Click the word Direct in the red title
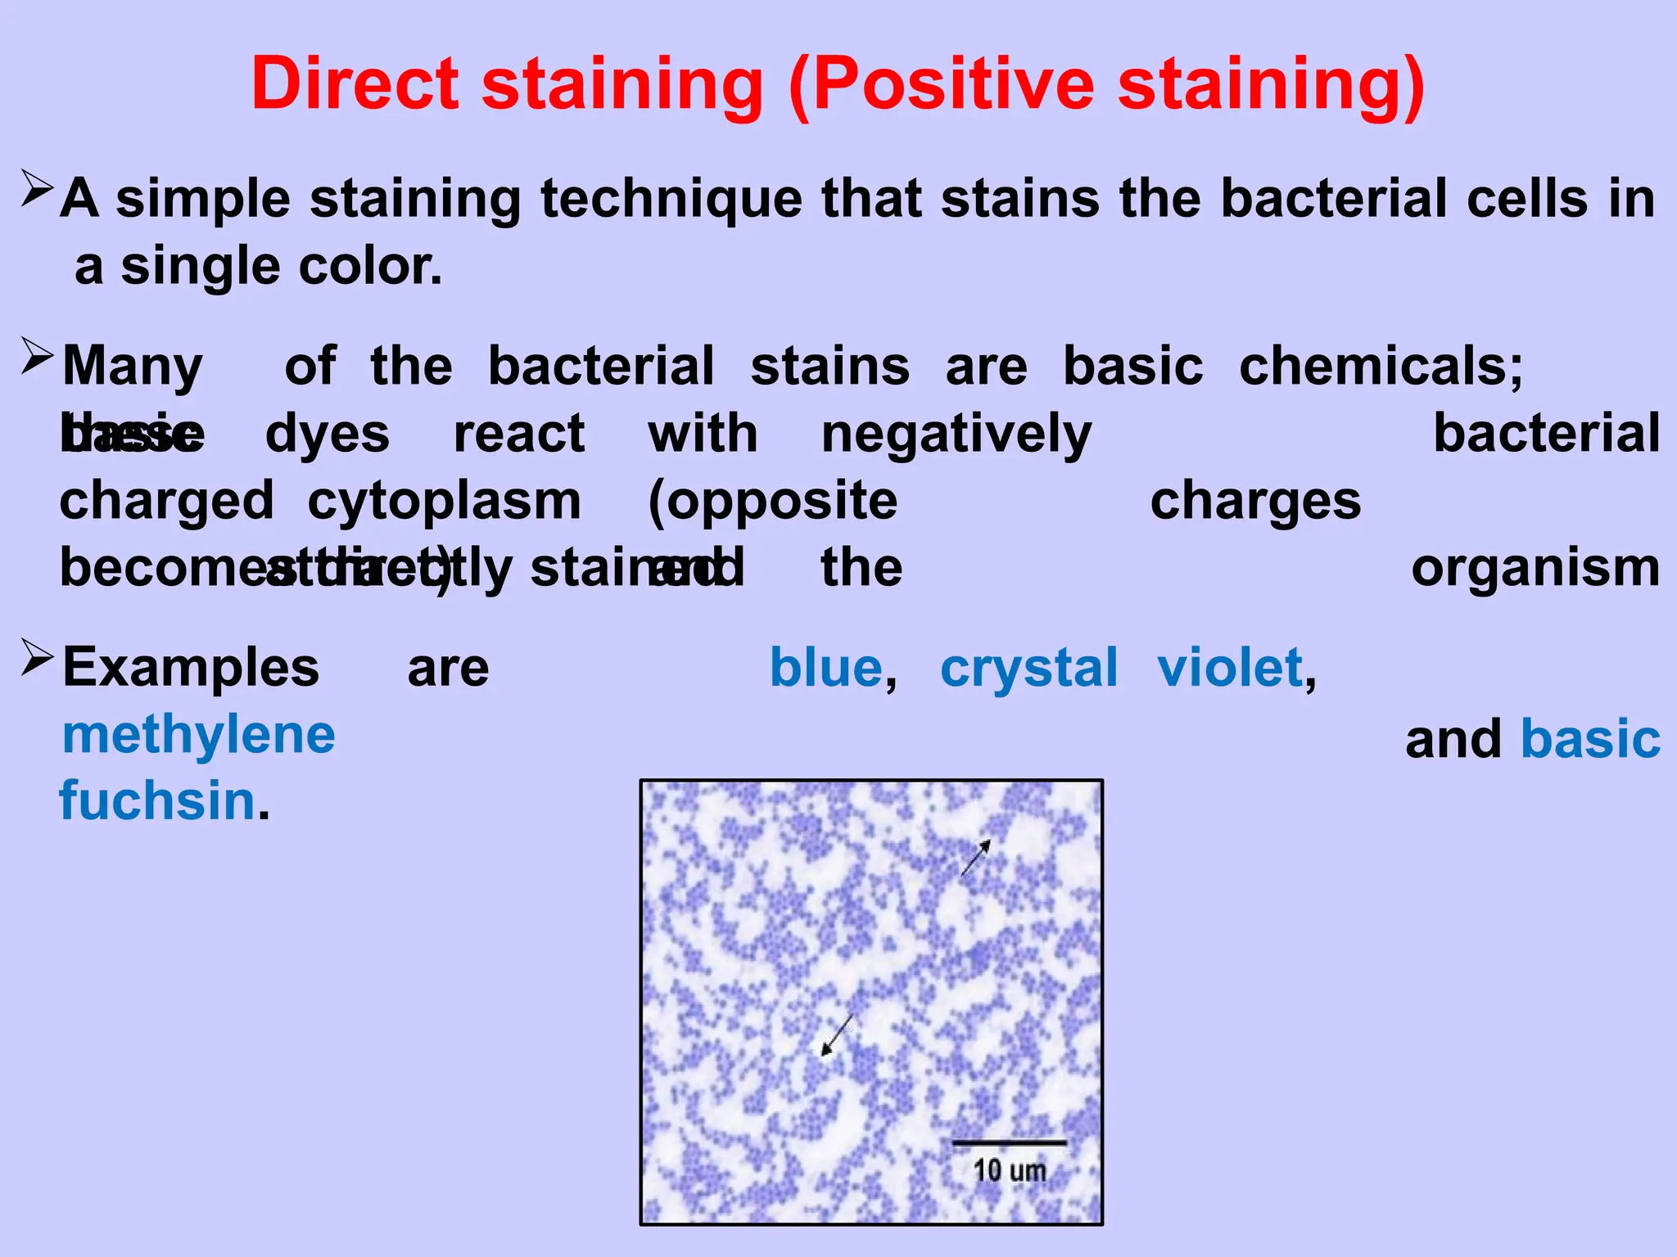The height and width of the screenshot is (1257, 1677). click(355, 84)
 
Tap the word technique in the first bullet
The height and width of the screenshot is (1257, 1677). click(671, 199)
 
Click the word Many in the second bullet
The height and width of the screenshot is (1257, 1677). click(133, 366)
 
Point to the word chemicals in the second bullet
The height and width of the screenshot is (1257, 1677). click(1381, 366)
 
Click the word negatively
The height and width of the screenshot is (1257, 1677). click(956, 434)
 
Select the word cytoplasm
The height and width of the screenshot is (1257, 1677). click(444, 501)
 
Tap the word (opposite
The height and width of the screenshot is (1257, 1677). click(772, 501)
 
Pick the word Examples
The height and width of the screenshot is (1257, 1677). click(191, 668)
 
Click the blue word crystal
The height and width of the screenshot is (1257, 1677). click(1028, 668)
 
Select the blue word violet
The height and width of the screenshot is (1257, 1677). click(1230, 668)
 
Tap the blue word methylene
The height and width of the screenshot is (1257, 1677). click(199, 735)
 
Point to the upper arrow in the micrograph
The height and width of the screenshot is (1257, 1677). click(976, 858)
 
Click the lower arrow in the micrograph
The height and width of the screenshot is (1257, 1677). click(837, 1035)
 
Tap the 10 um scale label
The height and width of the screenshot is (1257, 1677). click(1010, 1170)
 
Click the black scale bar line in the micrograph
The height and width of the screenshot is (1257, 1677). click(1009, 1142)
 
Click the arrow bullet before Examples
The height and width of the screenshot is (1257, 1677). click(37, 656)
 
